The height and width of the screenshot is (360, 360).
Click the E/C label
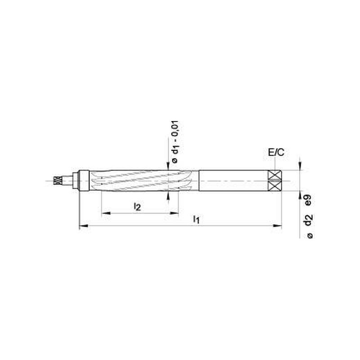(x=276, y=152)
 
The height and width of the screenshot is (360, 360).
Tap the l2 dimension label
(x=137, y=207)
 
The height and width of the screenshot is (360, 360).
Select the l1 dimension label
(x=196, y=220)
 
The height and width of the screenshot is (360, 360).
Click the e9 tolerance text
(x=308, y=200)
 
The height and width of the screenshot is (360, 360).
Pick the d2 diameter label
(x=308, y=220)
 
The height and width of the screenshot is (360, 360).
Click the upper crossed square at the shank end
(x=274, y=175)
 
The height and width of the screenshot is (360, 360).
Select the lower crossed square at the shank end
(x=274, y=186)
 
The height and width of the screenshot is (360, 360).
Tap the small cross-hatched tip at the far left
(x=58, y=180)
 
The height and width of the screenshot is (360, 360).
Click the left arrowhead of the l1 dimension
(x=84, y=226)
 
